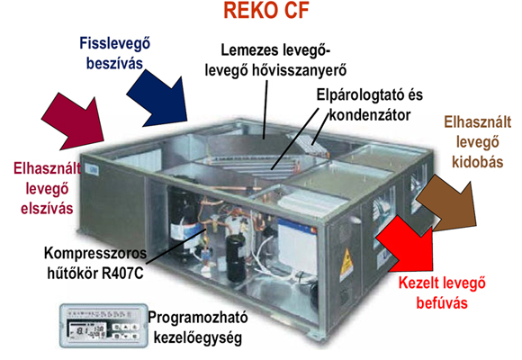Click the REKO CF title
pyautogui.click(x=266, y=10)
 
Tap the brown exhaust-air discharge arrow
pyautogui.click(x=449, y=203)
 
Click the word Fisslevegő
pyautogui.click(x=115, y=43)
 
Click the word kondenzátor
pyautogui.click(x=370, y=115)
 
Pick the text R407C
pyautogui.click(x=122, y=273)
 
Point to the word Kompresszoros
pyautogui.click(x=95, y=254)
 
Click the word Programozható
pyautogui.click(x=198, y=318)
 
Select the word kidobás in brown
pyautogui.click(x=478, y=162)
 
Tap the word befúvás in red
pyautogui.click(x=442, y=303)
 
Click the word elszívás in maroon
pyautogui.click(x=47, y=209)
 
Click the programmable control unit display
pyautogui.click(x=103, y=326)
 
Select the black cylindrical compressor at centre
pyautogui.click(x=236, y=257)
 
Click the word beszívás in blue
pyautogui.click(x=114, y=63)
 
